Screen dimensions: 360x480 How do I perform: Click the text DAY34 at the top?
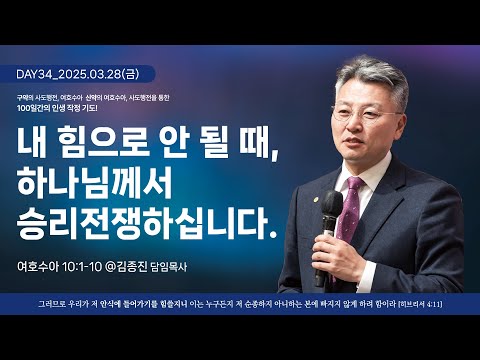click(x=37, y=74)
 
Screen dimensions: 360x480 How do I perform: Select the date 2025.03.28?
click(x=103, y=74)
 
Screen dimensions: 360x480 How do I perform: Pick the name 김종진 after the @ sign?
click(x=162, y=267)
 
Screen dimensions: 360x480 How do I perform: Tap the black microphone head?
click(x=329, y=223)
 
